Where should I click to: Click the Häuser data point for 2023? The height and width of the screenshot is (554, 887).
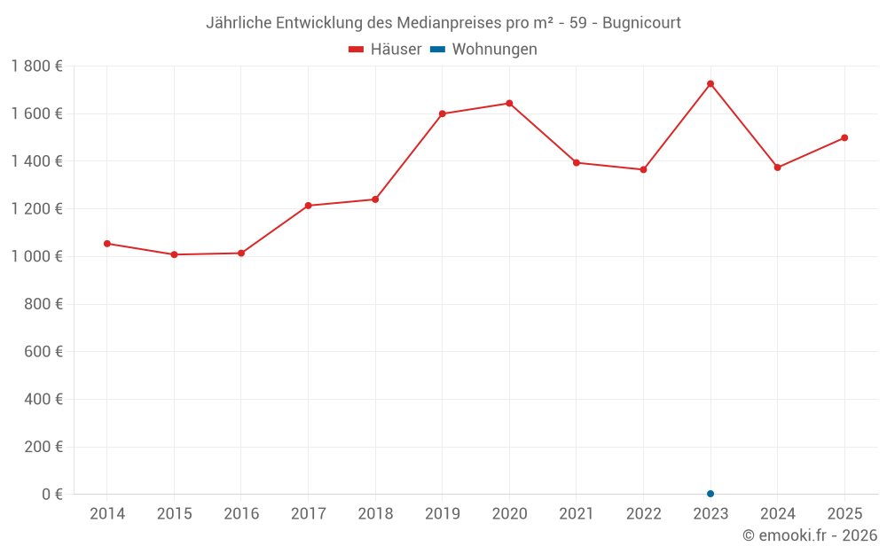pyautogui.click(x=710, y=84)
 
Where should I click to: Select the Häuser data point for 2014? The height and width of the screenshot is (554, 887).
pyautogui.click(x=107, y=244)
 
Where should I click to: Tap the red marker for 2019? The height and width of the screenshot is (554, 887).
pyautogui.click(x=442, y=113)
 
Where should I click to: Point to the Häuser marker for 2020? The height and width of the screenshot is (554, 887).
pyautogui.click(x=509, y=103)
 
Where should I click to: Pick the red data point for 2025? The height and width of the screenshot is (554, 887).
pyautogui.click(x=844, y=137)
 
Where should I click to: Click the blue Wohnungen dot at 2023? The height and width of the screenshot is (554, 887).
pyautogui.click(x=710, y=494)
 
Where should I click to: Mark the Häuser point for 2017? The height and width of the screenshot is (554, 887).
pyautogui.click(x=308, y=206)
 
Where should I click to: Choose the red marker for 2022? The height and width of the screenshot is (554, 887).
pyautogui.click(x=643, y=169)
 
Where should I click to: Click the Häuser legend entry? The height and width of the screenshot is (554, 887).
pyautogui.click(x=385, y=50)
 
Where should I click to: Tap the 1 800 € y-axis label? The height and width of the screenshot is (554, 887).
pyautogui.click(x=37, y=66)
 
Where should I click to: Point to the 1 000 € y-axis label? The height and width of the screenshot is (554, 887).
pyautogui.click(x=37, y=256)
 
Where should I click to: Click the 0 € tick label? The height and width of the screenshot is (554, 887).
pyautogui.click(x=52, y=495)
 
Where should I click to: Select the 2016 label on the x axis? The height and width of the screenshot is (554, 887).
pyautogui.click(x=241, y=514)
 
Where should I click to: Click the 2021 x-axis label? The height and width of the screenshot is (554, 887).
pyautogui.click(x=577, y=514)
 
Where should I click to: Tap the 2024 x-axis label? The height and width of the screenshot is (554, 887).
pyautogui.click(x=777, y=514)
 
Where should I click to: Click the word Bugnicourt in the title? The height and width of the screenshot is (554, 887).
pyautogui.click(x=641, y=23)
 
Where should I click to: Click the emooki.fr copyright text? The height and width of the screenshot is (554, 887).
pyautogui.click(x=810, y=535)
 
